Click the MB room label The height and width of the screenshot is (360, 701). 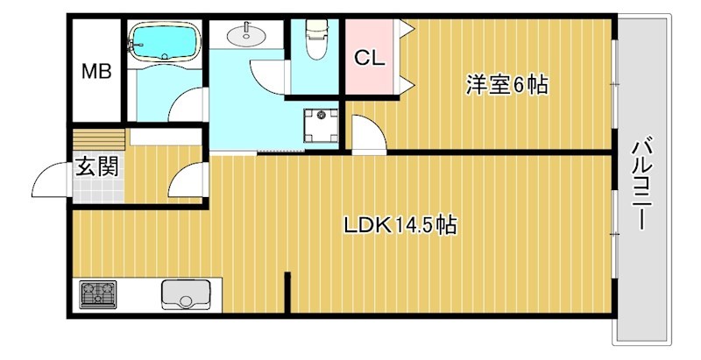point(96,72)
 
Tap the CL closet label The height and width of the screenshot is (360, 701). point(369,58)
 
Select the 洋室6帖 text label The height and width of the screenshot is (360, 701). point(507,85)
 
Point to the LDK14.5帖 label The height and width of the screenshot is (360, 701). point(400,225)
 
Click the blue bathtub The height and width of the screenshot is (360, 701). point(164,42)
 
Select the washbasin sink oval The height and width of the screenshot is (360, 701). point(245,36)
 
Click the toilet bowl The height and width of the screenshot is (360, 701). point(316,39)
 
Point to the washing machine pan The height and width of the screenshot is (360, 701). point(321,125)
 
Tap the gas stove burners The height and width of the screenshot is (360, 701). point(98,294)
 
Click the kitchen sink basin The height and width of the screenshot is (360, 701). point(186,294)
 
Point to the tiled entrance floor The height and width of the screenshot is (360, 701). point(98,189)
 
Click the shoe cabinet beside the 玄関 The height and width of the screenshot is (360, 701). point(99,139)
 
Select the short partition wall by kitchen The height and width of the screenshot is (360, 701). point(287,293)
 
